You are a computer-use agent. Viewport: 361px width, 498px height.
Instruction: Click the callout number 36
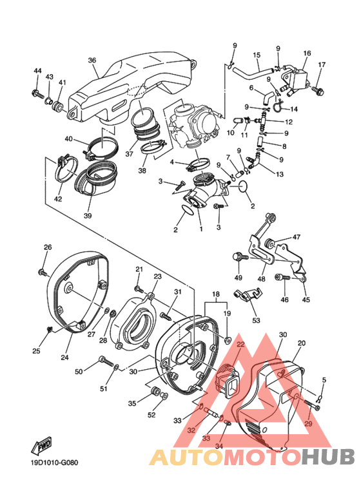92,61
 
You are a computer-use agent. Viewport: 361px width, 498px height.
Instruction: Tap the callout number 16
307,53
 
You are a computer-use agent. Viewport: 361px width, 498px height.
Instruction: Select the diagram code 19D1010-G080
51,461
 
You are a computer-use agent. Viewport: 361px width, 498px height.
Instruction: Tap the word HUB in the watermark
329,456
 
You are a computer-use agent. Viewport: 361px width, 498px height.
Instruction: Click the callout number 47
297,237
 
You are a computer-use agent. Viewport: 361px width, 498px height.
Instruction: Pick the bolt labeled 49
239,257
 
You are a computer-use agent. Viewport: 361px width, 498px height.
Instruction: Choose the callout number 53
256,320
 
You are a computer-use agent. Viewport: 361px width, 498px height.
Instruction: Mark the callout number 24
65,358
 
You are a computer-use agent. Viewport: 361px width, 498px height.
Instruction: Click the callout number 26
48,247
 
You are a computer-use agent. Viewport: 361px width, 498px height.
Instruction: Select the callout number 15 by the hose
256,55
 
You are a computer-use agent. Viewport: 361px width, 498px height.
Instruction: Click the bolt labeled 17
318,92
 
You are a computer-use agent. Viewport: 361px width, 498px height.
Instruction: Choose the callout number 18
215,293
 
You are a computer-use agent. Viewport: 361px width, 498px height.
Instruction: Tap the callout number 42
58,199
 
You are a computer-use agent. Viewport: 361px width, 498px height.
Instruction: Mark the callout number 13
279,174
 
